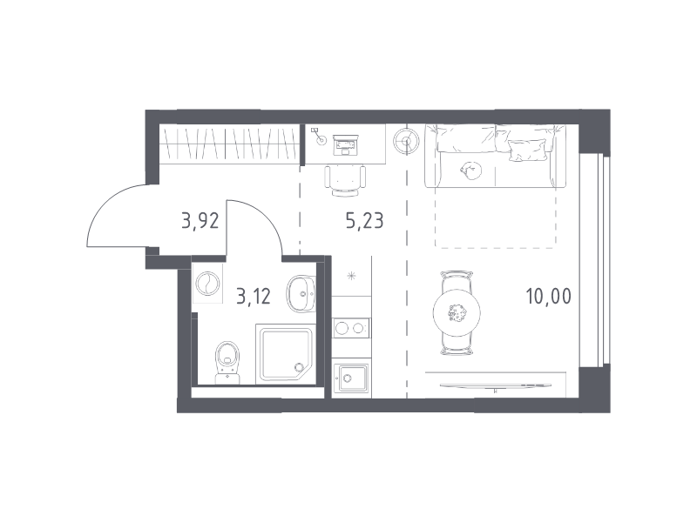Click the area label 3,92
(x=200, y=220)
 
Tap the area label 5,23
(x=364, y=220)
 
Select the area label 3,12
(x=254, y=296)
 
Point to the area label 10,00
(x=549, y=296)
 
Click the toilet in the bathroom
(x=227, y=362)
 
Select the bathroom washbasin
(x=301, y=293)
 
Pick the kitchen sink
(x=351, y=378)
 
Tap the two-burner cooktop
(x=351, y=329)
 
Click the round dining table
(x=457, y=313)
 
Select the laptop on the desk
(x=345, y=144)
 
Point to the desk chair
(x=345, y=180)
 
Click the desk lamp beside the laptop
(x=319, y=137)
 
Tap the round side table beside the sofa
(x=406, y=142)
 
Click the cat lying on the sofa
(x=470, y=171)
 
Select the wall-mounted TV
(x=495, y=385)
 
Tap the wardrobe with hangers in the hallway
(x=229, y=143)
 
